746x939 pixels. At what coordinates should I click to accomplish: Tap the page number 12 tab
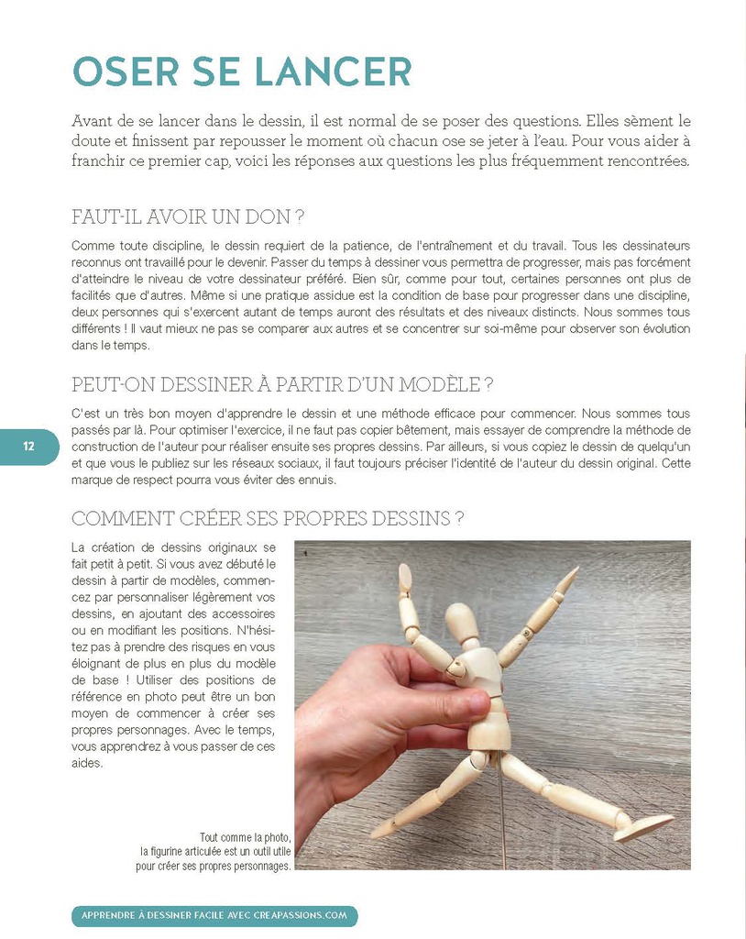point(28,446)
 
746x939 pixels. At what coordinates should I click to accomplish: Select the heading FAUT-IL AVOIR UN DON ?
point(188,217)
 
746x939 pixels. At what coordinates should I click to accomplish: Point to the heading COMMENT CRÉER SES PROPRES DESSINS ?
point(268,518)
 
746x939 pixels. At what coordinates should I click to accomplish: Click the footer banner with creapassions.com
point(214,915)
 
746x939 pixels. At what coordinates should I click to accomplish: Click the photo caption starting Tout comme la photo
point(214,851)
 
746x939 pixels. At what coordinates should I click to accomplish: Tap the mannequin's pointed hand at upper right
point(568,579)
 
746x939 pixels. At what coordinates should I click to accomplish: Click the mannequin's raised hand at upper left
point(405,579)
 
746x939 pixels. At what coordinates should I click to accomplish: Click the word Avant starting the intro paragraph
point(93,121)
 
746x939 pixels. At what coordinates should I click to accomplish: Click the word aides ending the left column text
point(87,763)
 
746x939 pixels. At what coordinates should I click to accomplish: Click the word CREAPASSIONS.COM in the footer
point(298,915)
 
